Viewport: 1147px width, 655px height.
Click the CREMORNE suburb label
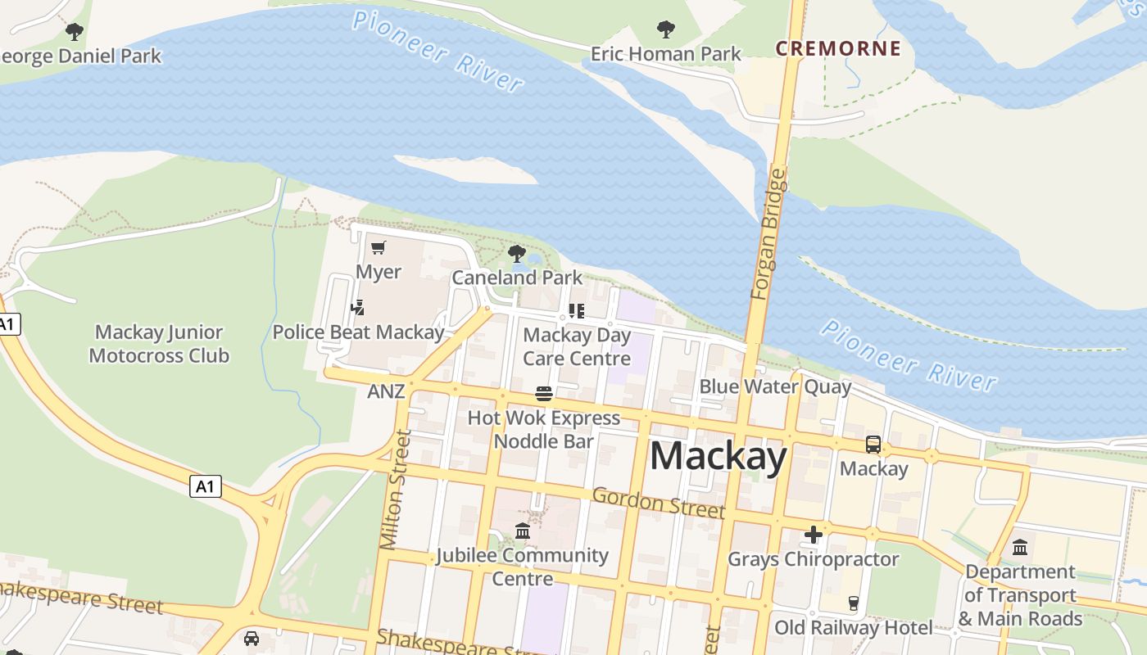click(x=837, y=48)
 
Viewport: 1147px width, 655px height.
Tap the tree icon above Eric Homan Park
click(x=666, y=29)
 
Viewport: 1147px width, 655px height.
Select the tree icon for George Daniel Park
click(x=75, y=32)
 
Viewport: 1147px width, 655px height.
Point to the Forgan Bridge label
click(x=768, y=234)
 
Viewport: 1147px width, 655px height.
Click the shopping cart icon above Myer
click(x=378, y=247)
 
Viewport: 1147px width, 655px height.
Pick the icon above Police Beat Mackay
click(x=357, y=308)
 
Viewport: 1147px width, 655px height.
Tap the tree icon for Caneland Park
click(x=516, y=253)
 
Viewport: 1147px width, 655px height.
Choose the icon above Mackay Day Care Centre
click(x=577, y=311)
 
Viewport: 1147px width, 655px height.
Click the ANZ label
click(x=386, y=391)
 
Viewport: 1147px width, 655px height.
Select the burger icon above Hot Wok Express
click(x=544, y=394)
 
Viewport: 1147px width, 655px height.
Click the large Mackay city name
click(x=718, y=455)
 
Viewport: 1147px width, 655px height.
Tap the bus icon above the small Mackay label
click(x=873, y=445)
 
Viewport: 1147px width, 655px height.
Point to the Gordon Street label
click(x=658, y=502)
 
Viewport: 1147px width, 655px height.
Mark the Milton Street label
click(x=394, y=490)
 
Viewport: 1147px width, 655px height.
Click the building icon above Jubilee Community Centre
click(x=523, y=531)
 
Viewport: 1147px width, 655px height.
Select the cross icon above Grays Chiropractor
click(x=813, y=535)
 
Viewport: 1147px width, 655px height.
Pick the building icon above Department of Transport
click(x=1020, y=547)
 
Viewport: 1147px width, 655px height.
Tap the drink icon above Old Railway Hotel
click(x=853, y=603)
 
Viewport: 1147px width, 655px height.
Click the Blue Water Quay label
click(x=775, y=386)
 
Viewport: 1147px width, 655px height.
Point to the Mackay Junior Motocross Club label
click(x=159, y=344)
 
